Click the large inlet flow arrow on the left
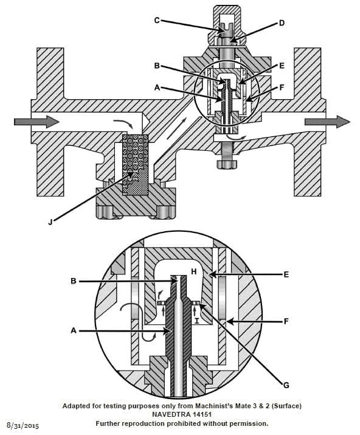coord(36,122)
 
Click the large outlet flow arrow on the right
coord(327,122)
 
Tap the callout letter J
coord(50,222)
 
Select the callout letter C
coord(157,19)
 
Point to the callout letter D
coord(281,23)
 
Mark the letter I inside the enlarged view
coord(196,318)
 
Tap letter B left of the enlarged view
coord(73,281)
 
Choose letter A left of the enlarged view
coord(73,331)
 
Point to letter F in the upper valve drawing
coord(282,87)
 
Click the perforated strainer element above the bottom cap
coord(136,164)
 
